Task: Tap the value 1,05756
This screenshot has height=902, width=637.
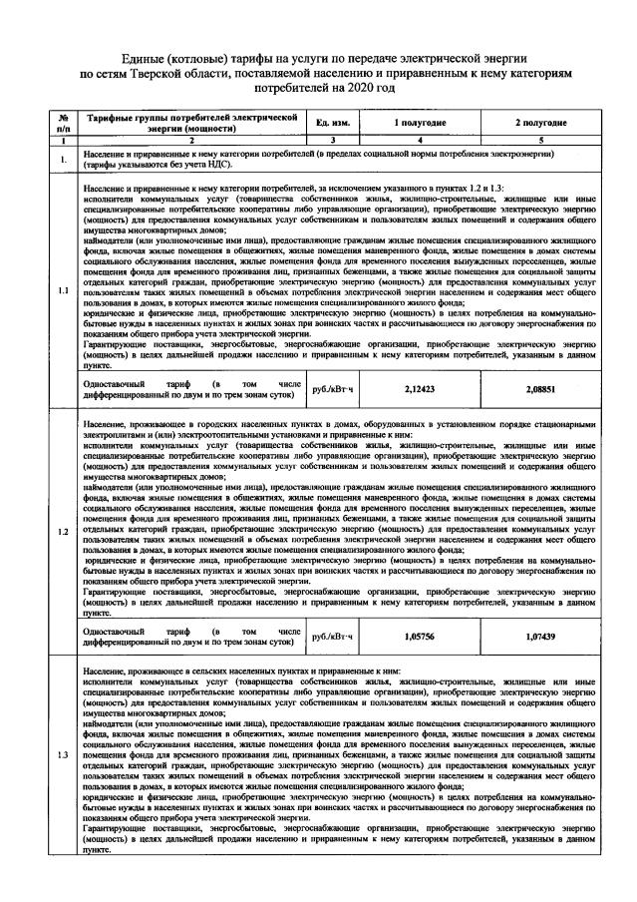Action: (425, 635)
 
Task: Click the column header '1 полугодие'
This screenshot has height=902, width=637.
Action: (425, 122)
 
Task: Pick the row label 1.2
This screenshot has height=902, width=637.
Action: (64, 530)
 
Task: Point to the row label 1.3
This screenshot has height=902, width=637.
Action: (64, 755)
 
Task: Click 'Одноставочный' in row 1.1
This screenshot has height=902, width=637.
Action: (114, 383)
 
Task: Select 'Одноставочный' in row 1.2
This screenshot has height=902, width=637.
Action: (114, 629)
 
